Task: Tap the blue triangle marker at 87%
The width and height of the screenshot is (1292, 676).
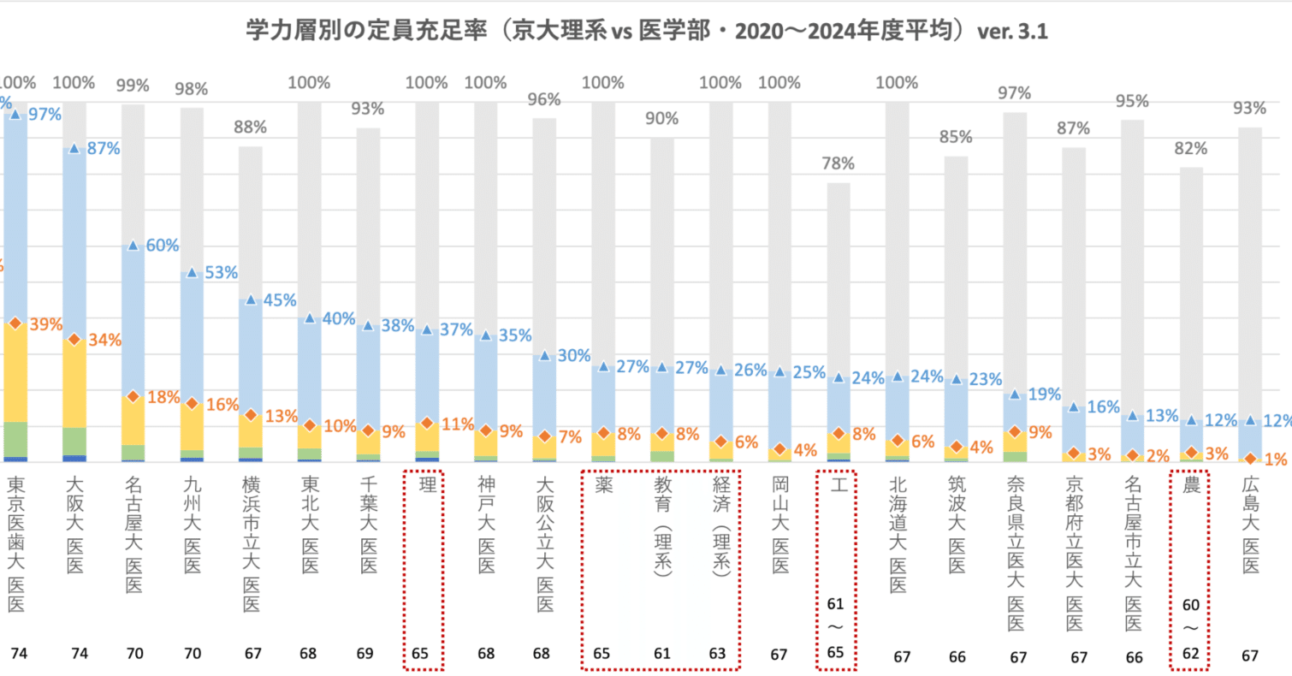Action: (74, 148)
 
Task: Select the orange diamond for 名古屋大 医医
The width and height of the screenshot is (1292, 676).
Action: (133, 397)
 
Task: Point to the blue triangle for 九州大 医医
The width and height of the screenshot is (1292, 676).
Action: (192, 273)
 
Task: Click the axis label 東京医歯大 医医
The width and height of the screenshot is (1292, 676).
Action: (16, 543)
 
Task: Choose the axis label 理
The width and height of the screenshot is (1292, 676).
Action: (425, 484)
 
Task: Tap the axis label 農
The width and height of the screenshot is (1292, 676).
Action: (1190, 484)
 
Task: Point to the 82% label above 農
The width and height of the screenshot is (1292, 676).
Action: (1190, 148)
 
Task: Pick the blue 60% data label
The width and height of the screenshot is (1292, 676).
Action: (162, 246)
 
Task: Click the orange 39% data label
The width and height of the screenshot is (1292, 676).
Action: (45, 323)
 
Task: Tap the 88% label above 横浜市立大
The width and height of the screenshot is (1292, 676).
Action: (250, 127)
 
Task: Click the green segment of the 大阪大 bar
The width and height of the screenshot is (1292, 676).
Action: (74, 441)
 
